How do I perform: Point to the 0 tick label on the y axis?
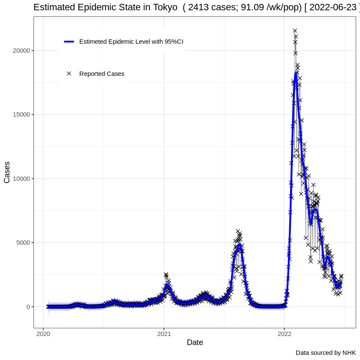28,307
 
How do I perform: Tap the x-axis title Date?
195,342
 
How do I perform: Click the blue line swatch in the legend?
69,42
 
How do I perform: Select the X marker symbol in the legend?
69,74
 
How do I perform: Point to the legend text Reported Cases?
102,74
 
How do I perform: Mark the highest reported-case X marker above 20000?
295,30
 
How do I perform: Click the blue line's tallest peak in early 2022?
296,73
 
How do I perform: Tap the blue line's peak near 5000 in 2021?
239,245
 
